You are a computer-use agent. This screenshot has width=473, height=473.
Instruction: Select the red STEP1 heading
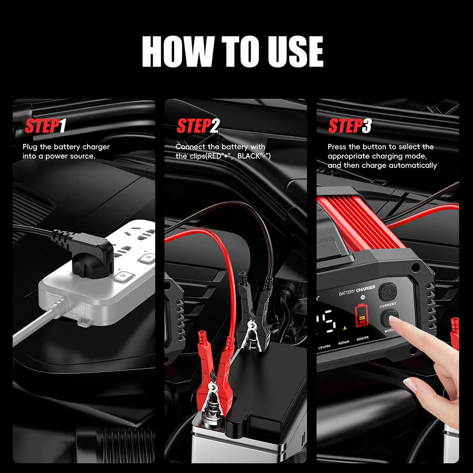45,126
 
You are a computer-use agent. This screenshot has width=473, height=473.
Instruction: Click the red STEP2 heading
198,126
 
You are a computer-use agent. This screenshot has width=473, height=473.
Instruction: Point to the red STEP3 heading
350,126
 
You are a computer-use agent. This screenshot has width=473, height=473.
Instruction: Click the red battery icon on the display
363,316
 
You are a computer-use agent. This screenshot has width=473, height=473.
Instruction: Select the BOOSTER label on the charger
363,338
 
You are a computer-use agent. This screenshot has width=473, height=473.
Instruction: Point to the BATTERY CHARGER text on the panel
357,291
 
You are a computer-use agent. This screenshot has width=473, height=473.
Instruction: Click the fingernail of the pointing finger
394,322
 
